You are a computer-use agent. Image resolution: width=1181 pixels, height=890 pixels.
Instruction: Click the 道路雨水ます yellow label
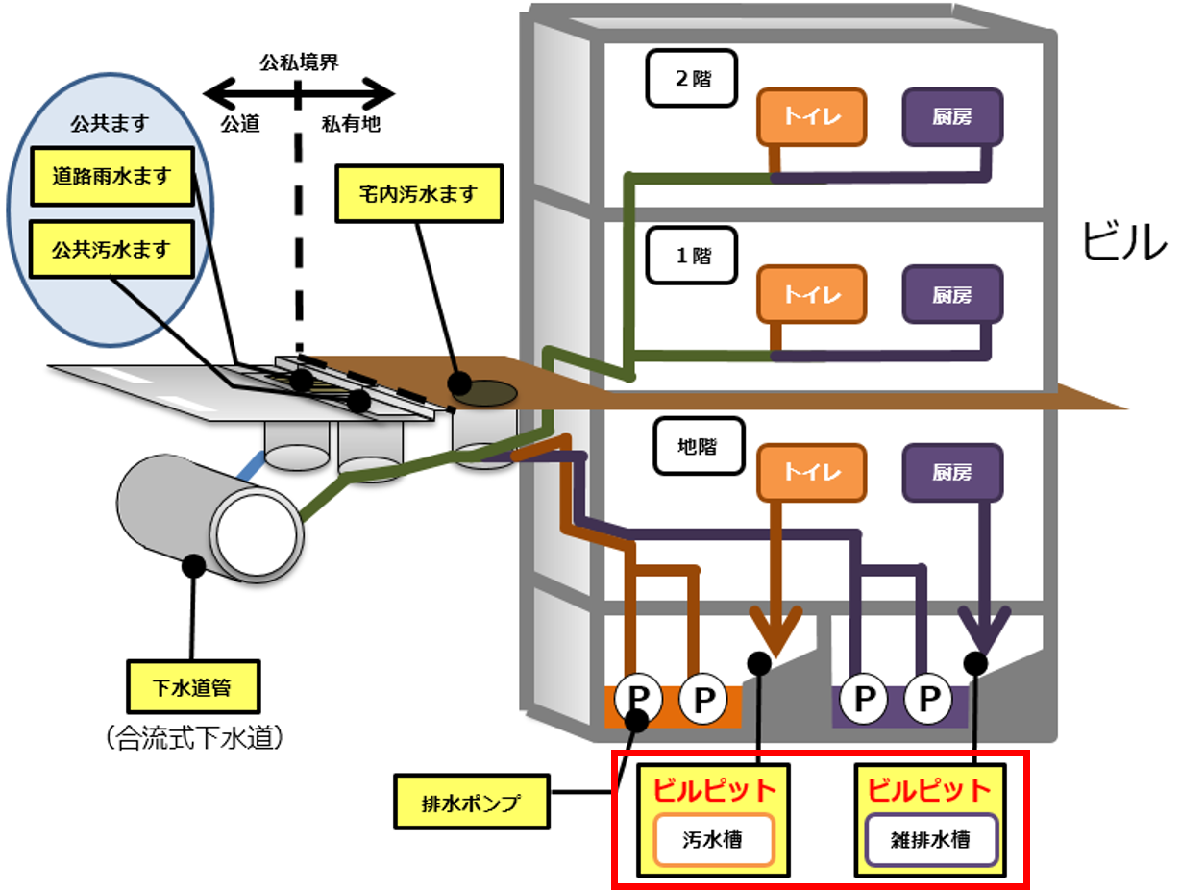coord(112,177)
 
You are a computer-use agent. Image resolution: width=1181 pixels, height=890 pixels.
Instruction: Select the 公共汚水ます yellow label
coord(111,250)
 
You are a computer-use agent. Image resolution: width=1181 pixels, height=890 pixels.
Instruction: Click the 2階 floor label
coord(693,79)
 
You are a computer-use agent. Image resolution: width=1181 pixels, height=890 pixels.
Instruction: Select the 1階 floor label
coord(693,257)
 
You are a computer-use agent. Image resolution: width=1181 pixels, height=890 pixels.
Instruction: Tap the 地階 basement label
coord(699,446)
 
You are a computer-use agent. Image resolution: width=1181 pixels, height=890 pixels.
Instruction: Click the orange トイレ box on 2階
coord(812,117)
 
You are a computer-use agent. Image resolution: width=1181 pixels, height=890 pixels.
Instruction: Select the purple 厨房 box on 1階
coord(952,295)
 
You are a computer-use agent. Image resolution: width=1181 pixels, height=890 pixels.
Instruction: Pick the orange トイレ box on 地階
coord(812,473)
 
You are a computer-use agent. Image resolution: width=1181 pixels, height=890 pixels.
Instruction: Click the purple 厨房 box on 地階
coord(952,473)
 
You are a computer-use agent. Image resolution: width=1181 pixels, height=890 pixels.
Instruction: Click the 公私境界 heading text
coord(299,62)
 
